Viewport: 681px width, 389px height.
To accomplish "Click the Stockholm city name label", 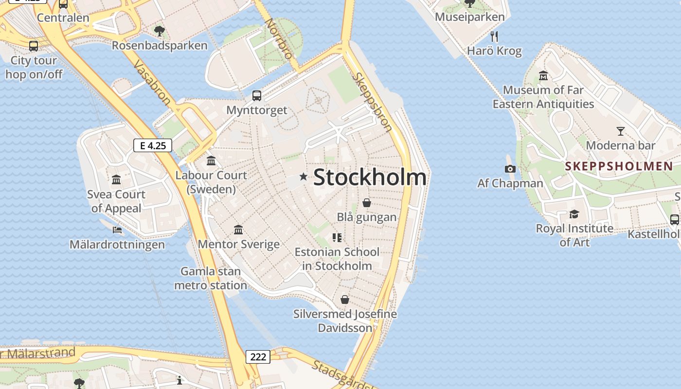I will pyautogui.click(x=370, y=177).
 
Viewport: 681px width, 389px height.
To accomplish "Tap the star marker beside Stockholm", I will pyautogui.click(x=304, y=177).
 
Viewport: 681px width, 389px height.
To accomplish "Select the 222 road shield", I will pyautogui.click(x=258, y=357).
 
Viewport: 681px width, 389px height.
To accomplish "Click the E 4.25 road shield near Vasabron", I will pyautogui.click(x=153, y=145).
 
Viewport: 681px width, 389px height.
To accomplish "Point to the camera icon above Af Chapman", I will pyautogui.click(x=510, y=169).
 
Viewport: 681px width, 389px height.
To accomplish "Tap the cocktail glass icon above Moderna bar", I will pyautogui.click(x=620, y=131).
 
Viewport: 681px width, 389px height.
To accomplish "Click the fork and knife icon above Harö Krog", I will pyautogui.click(x=494, y=36).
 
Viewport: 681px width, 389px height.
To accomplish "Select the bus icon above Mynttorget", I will pyautogui.click(x=257, y=95).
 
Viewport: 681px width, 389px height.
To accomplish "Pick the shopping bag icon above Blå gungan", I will pyautogui.click(x=367, y=202).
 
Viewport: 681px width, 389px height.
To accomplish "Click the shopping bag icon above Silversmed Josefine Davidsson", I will pyautogui.click(x=345, y=300).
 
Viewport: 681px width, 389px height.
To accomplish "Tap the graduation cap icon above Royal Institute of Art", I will pyautogui.click(x=574, y=214).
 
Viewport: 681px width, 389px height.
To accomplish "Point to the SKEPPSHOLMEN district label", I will pyautogui.click(x=619, y=166).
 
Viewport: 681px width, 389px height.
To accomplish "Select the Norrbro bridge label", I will pyautogui.click(x=279, y=38).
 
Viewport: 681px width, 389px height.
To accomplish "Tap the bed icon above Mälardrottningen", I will pyautogui.click(x=117, y=230).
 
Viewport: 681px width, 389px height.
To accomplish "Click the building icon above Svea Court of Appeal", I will pyautogui.click(x=116, y=180).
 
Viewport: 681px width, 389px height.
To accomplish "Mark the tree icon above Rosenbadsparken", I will pyautogui.click(x=159, y=31).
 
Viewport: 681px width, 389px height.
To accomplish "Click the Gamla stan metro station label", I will pyautogui.click(x=211, y=278).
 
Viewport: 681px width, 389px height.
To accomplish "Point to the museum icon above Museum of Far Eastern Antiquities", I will pyautogui.click(x=543, y=75).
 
